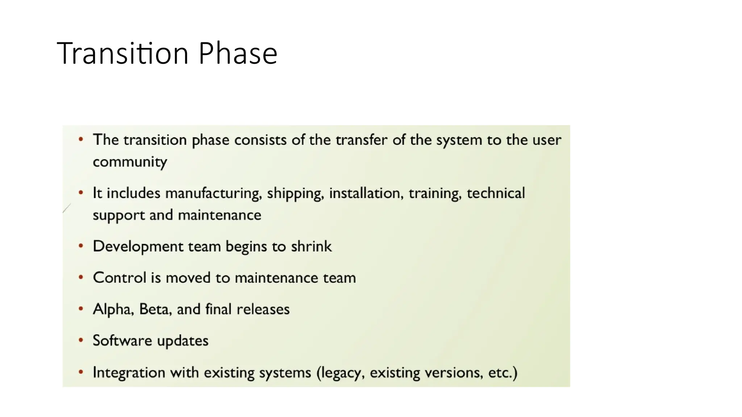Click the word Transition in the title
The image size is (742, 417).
pos(123,54)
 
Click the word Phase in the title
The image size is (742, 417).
pos(238,54)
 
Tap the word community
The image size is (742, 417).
pos(130,162)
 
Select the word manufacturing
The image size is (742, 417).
pos(213,193)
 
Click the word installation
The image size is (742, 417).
pos(366,193)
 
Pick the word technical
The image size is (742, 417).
pos(496,193)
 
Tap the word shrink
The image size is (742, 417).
pos(311,247)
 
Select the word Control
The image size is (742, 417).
pos(120,278)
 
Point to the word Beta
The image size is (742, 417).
pos(155,309)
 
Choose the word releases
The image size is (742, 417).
pos(263,309)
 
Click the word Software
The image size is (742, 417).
pos(122,341)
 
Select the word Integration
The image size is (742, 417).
pos(129,372)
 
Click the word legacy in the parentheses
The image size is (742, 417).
pos(341,373)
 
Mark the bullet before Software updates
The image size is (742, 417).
pos(81,340)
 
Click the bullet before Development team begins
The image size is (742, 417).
pos(81,246)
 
